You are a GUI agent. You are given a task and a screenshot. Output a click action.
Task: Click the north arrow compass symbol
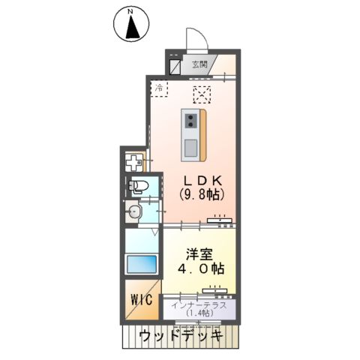click(131, 24)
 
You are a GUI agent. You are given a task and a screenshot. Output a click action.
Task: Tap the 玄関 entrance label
click(199, 64)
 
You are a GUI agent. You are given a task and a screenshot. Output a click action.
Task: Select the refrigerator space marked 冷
click(159, 88)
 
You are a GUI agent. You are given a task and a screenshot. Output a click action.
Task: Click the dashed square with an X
click(202, 94)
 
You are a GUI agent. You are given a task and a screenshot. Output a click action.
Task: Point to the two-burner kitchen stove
click(191, 121)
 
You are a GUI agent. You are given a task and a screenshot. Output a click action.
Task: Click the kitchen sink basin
click(190, 148)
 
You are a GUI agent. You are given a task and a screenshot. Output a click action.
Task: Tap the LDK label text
click(202, 180)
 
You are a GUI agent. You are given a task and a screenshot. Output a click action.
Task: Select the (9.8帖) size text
click(202, 193)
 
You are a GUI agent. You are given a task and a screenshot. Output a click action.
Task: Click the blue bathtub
click(142, 264)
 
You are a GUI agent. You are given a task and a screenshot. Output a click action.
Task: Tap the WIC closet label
click(142, 299)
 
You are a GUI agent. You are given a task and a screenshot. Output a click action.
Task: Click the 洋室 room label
click(199, 254)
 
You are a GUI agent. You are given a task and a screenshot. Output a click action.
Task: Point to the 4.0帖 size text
click(201, 268)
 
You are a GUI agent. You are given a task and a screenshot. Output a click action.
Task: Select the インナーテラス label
click(199, 305)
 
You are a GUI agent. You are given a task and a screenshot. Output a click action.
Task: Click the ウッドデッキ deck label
click(181, 336)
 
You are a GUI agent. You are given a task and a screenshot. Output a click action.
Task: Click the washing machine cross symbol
click(134, 162)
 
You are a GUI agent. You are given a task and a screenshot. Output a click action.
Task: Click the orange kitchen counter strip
click(202, 135)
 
